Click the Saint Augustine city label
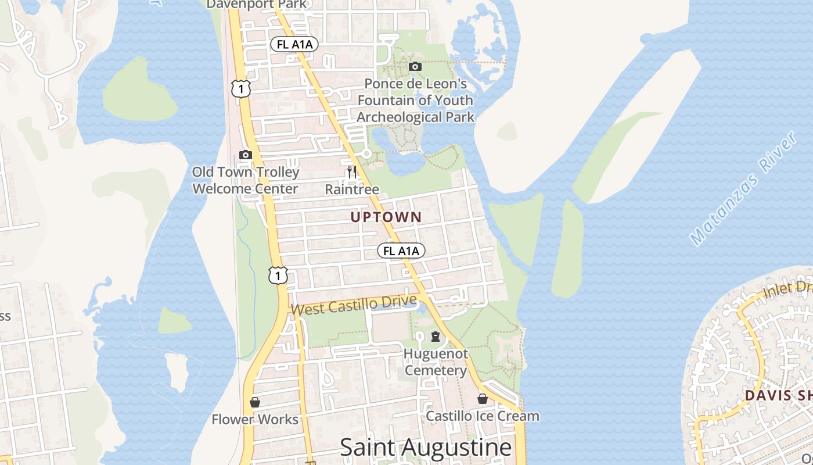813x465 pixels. pyautogui.click(x=426, y=448)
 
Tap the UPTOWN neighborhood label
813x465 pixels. pyautogui.click(x=386, y=217)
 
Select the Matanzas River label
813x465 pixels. pyautogui.click(x=743, y=189)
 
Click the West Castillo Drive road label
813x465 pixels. pyautogui.click(x=354, y=305)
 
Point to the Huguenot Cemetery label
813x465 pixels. pyautogui.click(x=436, y=362)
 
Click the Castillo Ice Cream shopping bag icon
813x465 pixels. pyautogui.click(x=482, y=399)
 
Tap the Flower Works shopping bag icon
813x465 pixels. pyautogui.click(x=254, y=402)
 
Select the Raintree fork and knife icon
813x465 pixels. pyautogui.click(x=351, y=171)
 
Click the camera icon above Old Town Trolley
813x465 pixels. pyautogui.click(x=245, y=155)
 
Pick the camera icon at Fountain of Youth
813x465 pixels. pyautogui.click(x=415, y=67)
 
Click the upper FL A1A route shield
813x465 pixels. pyautogui.click(x=294, y=44)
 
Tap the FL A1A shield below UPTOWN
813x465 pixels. pyautogui.click(x=401, y=251)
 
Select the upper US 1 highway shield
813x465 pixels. pyautogui.click(x=240, y=88)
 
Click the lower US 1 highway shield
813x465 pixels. pyautogui.click(x=278, y=275)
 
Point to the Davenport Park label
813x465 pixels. pyautogui.click(x=256, y=4)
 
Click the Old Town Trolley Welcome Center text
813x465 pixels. pyautogui.click(x=246, y=180)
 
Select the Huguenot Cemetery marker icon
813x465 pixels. pyautogui.click(x=435, y=337)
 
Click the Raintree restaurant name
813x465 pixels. pyautogui.click(x=352, y=189)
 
